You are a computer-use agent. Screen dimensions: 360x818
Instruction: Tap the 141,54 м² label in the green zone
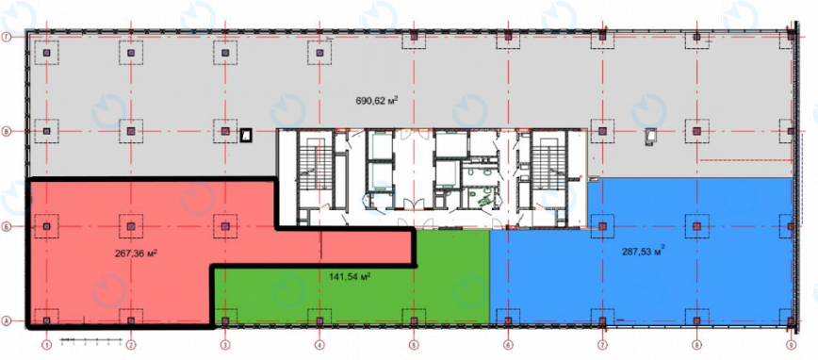pos(348,277)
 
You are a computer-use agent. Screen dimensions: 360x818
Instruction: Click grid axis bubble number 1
pos(44,346)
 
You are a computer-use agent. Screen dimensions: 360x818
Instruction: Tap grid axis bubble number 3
pos(225,346)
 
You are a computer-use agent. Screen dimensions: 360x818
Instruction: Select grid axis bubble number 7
pos(602,346)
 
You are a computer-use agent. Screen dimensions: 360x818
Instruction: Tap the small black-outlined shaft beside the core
pos(247,136)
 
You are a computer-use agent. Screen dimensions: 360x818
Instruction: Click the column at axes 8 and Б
pos(696,225)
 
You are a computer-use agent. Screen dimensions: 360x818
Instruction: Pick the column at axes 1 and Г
pos(44,37)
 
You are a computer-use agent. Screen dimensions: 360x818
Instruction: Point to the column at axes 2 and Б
pos(131,225)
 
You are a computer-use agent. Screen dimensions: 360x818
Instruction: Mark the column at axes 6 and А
pos(507,318)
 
